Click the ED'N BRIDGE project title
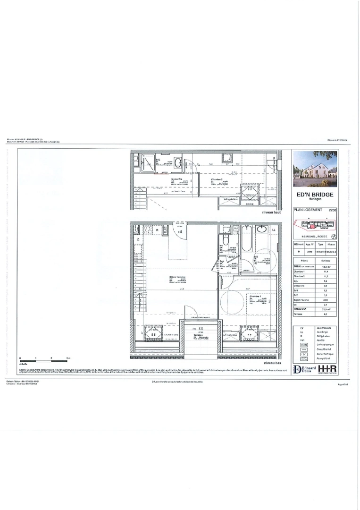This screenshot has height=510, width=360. [x=315, y=195]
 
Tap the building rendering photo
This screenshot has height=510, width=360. [x=315, y=169]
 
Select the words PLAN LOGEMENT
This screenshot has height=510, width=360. [x=309, y=211]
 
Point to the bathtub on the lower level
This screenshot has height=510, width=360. [x=247, y=241]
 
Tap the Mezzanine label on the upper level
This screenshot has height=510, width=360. [x=177, y=179]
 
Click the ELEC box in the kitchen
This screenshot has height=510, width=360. [x=166, y=230]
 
